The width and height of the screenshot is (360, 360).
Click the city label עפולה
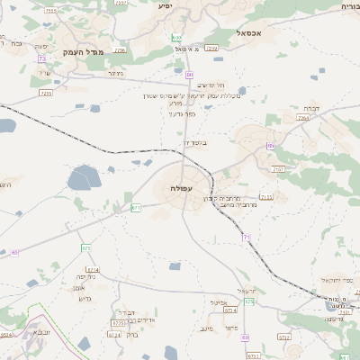180,188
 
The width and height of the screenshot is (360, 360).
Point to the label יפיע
165,6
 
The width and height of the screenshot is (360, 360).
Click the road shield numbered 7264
302,118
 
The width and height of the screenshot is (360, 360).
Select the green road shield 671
136,207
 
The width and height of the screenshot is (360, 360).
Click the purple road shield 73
42,58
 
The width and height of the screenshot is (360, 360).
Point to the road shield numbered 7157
278,168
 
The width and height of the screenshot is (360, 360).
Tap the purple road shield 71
246,236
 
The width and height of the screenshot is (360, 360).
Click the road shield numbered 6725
117,322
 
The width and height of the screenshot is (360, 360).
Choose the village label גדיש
86,298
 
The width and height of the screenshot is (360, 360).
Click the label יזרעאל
247,290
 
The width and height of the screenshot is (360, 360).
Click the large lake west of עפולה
85,178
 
